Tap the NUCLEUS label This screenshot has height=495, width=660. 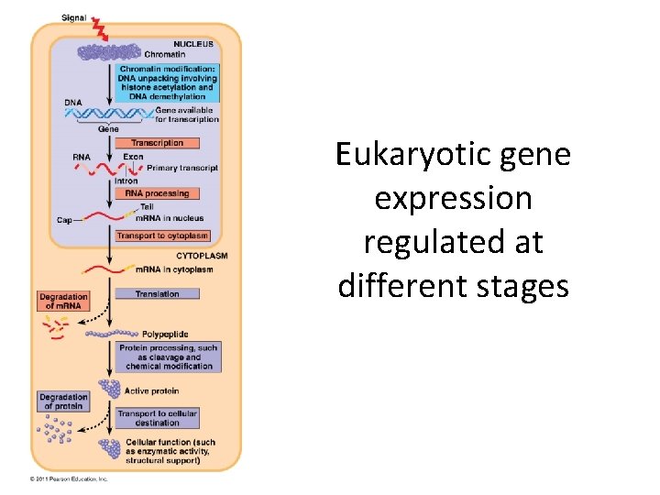coord(192,44)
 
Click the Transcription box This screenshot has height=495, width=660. coord(157,143)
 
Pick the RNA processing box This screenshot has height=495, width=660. coord(157,193)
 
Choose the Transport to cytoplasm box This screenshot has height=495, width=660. coord(162,236)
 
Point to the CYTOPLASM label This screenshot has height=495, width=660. coord(201,255)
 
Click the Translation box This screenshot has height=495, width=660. coord(157,294)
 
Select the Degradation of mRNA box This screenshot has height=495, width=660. coord(63,301)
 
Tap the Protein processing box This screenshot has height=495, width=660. coord(169,356)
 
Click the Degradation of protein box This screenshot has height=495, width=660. coord(63,401)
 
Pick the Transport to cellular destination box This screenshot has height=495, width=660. coord(157,418)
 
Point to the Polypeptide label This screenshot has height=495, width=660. coord(166,335)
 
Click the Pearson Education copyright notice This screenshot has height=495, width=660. coord(69,478)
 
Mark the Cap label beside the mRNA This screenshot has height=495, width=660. coord(64,220)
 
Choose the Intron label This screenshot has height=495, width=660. coord(126,181)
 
